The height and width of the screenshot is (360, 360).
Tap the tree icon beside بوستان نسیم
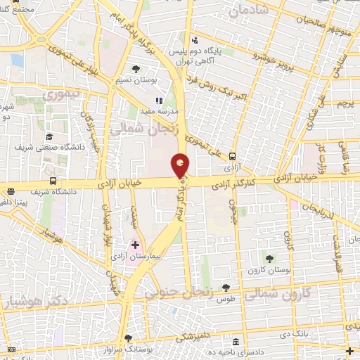tap(136, 69)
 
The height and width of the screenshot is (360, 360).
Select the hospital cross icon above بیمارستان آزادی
tap(135, 245)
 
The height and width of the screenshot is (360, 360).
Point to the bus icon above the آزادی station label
tap(232, 157)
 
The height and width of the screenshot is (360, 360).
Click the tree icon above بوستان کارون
tap(266, 259)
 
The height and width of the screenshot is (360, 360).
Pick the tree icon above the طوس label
tap(226, 287)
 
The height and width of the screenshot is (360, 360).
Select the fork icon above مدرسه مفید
tap(159, 101)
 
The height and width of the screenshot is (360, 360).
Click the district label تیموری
tap(61, 93)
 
